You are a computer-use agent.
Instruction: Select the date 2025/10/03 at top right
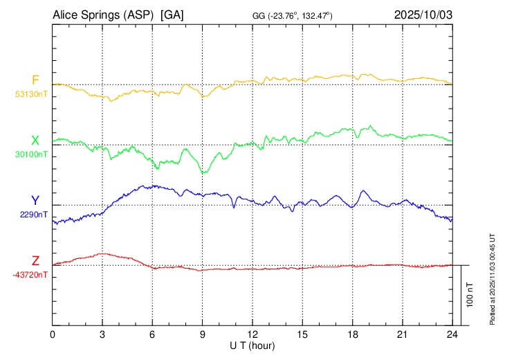(423, 14)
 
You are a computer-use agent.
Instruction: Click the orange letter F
(35, 80)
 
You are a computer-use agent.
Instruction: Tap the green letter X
(35, 141)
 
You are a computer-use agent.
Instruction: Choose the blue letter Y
(35, 200)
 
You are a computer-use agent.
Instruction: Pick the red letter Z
(35, 260)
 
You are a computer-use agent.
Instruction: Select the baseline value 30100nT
(31, 154)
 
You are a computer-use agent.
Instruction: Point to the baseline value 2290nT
(33, 215)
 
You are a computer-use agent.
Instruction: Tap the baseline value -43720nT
(30, 275)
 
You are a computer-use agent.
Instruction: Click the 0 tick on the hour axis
(53, 334)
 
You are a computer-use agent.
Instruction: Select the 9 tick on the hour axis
(203, 334)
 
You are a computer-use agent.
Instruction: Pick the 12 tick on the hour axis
(252, 334)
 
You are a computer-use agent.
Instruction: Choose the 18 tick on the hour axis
(352, 334)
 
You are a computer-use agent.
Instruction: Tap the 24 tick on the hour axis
(452, 334)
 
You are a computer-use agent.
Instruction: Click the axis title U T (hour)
(252, 345)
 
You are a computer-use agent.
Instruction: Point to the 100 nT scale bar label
(470, 295)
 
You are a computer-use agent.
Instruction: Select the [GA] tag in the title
(172, 14)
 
